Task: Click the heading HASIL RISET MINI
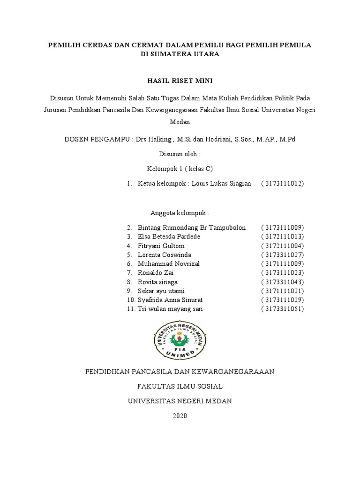tap(180, 81)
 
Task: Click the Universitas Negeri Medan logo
tap(180, 339)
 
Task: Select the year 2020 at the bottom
tap(180, 416)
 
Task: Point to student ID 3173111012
tap(283, 184)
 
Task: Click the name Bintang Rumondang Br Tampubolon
tap(192, 228)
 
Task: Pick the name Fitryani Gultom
tap(161, 246)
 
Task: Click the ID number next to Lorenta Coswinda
tap(283, 255)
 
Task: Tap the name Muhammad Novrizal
tap(169, 264)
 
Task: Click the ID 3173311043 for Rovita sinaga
tap(283, 282)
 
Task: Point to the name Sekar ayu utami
tap(161, 291)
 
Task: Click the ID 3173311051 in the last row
tap(283, 309)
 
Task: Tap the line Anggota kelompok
tap(180, 213)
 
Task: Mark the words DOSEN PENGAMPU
tap(97, 140)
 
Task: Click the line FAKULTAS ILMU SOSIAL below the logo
tap(180, 386)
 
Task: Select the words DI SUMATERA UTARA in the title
tap(180, 54)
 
